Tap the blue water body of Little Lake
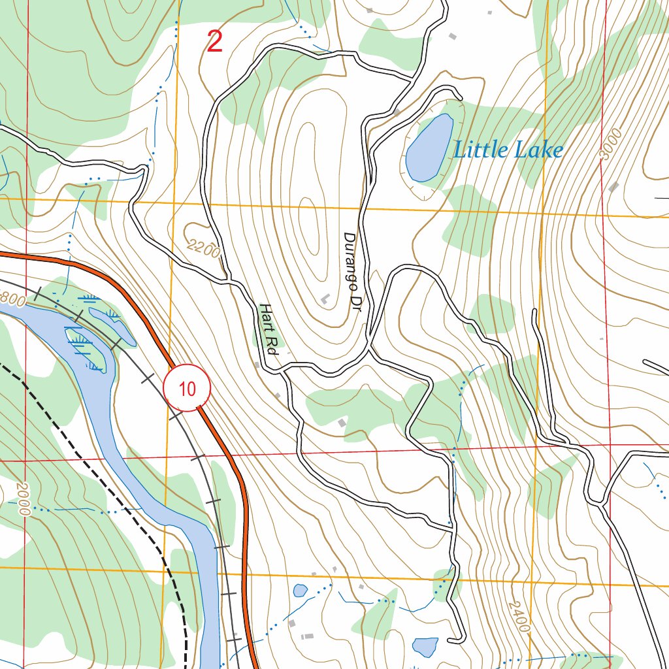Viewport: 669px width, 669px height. (429, 149)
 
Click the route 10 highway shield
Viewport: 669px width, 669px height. (187, 389)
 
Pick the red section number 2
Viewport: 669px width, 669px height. (214, 42)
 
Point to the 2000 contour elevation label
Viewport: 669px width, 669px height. (22, 499)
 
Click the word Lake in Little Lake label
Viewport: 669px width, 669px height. (538, 150)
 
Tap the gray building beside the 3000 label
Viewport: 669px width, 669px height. (613, 188)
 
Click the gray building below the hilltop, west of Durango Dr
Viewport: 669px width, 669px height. (325, 299)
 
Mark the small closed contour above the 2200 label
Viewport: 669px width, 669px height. (196, 230)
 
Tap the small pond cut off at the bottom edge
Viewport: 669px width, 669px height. (425, 647)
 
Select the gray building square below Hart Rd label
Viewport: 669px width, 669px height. (257, 363)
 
